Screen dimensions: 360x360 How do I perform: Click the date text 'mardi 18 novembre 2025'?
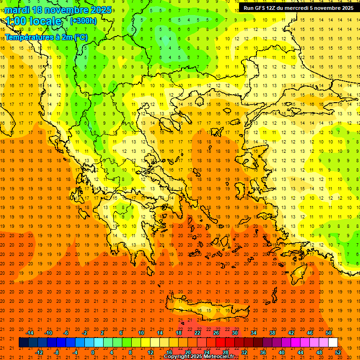[58, 10]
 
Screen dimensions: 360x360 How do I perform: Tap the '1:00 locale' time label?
[33, 21]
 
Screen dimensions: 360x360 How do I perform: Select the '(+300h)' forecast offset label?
[83, 21]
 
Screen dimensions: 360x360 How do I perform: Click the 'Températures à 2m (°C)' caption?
[46, 37]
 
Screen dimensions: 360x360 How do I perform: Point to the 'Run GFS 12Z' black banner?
[299, 8]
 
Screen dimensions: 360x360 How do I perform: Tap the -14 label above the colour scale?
[30, 333]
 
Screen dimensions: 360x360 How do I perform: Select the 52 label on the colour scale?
[338, 352]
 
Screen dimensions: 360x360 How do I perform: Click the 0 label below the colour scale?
[93, 352]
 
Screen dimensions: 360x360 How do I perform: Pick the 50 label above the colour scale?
[329, 333]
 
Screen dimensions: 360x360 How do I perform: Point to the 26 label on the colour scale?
[216, 333]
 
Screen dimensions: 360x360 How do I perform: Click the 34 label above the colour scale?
[254, 333]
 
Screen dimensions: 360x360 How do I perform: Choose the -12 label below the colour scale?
[39, 352]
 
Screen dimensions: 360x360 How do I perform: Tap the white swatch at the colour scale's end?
[333, 343]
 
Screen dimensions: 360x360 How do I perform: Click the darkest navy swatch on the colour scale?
[23, 343]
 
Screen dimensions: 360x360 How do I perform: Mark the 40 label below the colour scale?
[282, 352]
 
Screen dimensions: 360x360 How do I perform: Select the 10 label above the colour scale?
[141, 333]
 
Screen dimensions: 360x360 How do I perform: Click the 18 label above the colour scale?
[178, 333]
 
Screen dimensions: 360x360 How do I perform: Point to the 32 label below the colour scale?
[244, 352]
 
